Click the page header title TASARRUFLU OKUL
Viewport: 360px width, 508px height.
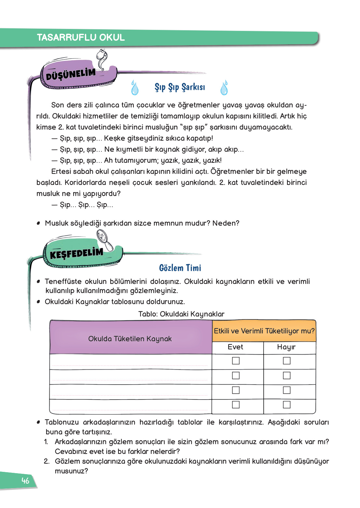tap(81, 37)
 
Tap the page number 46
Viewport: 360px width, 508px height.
tap(25, 481)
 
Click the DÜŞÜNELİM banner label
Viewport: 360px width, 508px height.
tap(71, 74)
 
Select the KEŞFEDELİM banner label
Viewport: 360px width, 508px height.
tap(76, 253)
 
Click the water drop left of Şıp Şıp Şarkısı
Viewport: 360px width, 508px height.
tap(135, 88)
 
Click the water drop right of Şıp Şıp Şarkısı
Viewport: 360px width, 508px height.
tap(224, 88)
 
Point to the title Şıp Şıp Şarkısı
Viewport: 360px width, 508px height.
tap(180, 87)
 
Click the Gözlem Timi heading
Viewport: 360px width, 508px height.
tap(180, 268)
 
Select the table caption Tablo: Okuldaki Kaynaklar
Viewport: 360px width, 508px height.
tap(181, 314)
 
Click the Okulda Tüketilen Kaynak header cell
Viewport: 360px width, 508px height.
tap(130, 339)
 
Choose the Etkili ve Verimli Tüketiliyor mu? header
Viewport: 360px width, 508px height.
tap(264, 331)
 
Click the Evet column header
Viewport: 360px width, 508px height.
tap(235, 347)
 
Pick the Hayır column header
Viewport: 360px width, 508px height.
tap(286, 347)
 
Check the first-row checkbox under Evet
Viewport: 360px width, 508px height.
tap(236, 361)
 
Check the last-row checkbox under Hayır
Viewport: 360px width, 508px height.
tap(287, 404)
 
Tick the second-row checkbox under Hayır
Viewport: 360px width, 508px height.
tap(287, 375)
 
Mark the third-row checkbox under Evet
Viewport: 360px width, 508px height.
tap(236, 390)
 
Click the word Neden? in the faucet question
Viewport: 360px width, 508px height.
tap(226, 223)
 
